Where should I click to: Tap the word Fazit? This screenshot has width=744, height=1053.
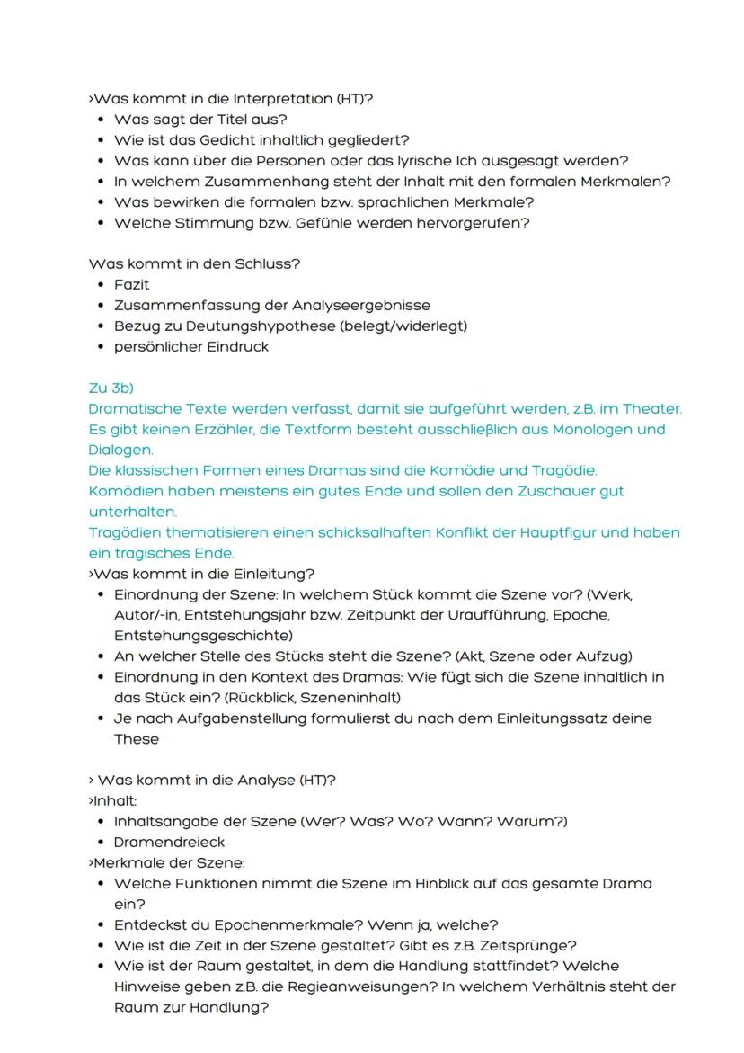(x=131, y=284)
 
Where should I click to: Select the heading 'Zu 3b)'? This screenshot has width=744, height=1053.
(x=111, y=388)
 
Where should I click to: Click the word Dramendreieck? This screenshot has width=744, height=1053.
(x=169, y=842)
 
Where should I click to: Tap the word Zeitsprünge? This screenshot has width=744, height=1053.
(x=531, y=945)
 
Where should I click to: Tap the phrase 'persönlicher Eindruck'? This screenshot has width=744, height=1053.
(x=190, y=346)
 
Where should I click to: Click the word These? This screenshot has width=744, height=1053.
(x=136, y=739)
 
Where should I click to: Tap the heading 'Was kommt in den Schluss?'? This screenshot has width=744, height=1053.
(x=194, y=263)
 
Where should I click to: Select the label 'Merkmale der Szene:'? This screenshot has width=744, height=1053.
(x=167, y=862)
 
